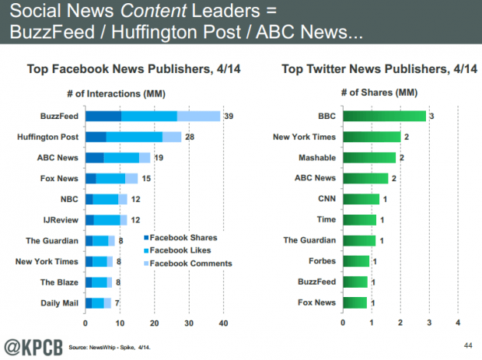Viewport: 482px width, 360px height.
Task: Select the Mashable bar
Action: pyautogui.click(x=369, y=157)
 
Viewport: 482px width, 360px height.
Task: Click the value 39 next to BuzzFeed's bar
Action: pyautogui.click(x=229, y=116)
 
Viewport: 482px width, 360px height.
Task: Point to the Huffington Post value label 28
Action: pyautogui.click(x=190, y=137)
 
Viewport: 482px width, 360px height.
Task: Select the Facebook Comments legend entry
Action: pyautogui.click(x=187, y=263)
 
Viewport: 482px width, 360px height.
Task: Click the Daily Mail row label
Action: pyautogui.click(x=58, y=302)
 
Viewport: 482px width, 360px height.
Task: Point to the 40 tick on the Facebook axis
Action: pyautogui.click(x=224, y=323)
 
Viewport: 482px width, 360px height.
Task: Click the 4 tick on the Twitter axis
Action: pyautogui.click(x=458, y=323)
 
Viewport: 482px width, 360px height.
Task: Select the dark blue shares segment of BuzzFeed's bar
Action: pyautogui.click(x=103, y=116)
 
